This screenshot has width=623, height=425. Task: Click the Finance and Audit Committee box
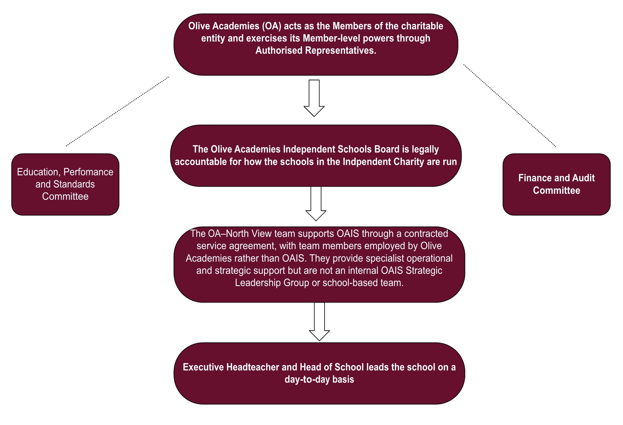click(556, 184)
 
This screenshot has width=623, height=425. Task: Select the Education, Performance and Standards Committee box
click(65, 184)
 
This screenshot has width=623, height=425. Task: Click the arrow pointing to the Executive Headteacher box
click(319, 322)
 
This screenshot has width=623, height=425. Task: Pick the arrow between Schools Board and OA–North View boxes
click(316, 204)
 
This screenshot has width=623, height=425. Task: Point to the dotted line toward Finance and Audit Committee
click(510, 106)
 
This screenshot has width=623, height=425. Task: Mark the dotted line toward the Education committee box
click(117, 112)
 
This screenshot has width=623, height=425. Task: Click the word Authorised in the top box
click(279, 50)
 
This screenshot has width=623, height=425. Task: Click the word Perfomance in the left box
click(88, 172)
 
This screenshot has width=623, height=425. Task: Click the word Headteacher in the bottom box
click(253, 367)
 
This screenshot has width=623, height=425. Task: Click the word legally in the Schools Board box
click(425, 149)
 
